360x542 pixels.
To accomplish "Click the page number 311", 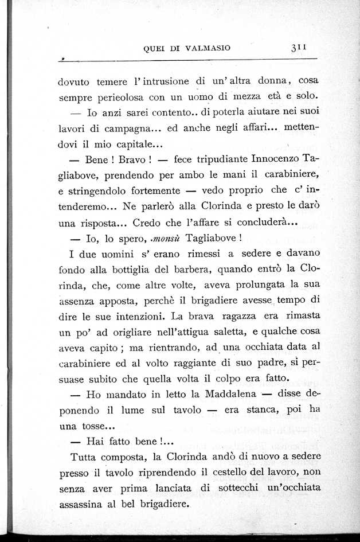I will click(299, 48).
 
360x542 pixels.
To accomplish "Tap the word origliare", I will click(143, 331).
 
